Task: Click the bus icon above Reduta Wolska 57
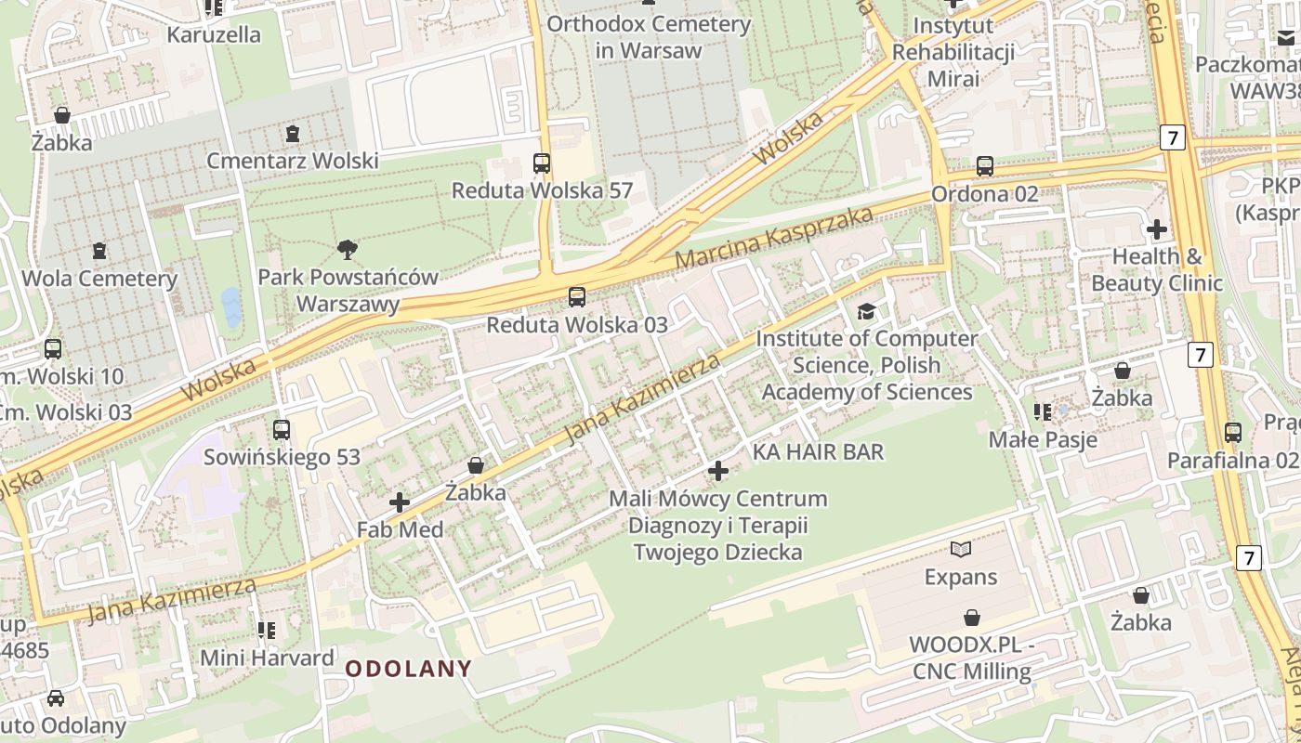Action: (542, 163)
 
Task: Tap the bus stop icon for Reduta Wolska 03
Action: (577, 297)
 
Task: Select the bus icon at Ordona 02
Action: (985, 166)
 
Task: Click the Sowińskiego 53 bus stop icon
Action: (282, 430)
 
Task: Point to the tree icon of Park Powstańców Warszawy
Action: (348, 249)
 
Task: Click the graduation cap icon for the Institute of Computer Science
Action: (866, 311)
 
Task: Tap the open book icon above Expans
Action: (960, 550)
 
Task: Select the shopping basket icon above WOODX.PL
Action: (971, 618)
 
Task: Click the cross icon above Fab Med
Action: (400, 502)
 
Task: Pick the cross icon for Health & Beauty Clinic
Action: (1157, 228)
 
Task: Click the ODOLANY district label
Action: (409, 668)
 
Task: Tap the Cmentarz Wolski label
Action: (293, 161)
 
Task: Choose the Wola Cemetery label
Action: (99, 279)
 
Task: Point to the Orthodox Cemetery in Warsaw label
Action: (648, 37)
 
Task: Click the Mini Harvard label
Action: (268, 658)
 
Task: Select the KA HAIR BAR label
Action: (818, 452)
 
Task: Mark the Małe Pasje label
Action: (1042, 439)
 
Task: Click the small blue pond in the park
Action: (230, 306)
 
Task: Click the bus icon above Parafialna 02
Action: (1232, 433)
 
